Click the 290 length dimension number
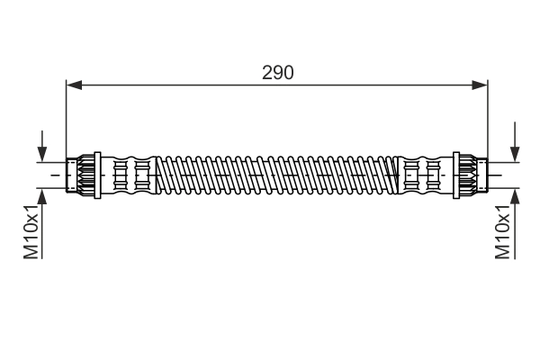coord(277,72)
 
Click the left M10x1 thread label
coord(31,233)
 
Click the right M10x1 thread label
coord(504,233)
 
